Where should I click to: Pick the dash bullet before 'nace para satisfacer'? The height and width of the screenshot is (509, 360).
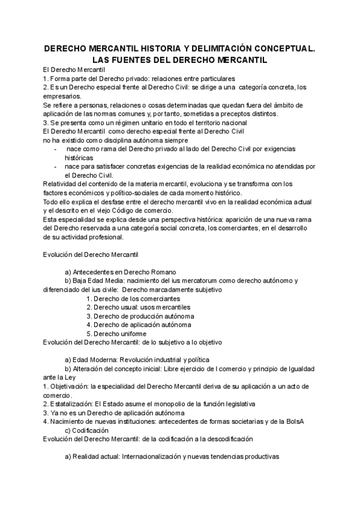pyautogui.click(x=56, y=166)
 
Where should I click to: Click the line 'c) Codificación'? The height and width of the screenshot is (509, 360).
pyautogui.click(x=86, y=430)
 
